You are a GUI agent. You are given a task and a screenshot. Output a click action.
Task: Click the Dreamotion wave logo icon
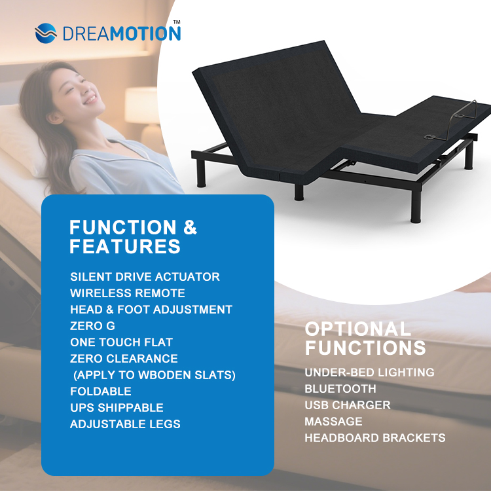click(46, 32)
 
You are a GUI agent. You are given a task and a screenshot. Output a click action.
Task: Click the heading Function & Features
click(133, 236)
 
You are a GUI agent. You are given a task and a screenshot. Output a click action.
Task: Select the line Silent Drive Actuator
click(145, 277)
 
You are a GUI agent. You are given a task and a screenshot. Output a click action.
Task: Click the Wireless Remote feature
click(128, 293)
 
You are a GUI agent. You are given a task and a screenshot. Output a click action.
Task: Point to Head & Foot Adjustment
click(151, 310)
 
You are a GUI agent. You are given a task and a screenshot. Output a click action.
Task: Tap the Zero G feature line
click(92, 326)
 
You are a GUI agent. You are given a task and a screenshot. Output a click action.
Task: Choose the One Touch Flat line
click(122, 342)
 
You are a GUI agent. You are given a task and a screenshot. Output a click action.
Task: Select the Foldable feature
click(101, 391)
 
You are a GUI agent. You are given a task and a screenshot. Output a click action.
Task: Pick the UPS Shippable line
click(117, 408)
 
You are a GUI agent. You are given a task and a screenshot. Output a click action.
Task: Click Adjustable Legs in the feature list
click(125, 424)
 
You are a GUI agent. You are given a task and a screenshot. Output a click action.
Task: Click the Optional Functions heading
click(365, 338)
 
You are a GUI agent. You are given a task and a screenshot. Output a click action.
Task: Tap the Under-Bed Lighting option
click(369, 373)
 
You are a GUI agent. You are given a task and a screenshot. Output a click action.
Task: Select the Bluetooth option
click(340, 389)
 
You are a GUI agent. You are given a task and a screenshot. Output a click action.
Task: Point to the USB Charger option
click(348, 405)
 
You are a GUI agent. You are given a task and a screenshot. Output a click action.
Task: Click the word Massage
click(333, 422)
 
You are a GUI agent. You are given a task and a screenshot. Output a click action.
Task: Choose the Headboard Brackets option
click(375, 438)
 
